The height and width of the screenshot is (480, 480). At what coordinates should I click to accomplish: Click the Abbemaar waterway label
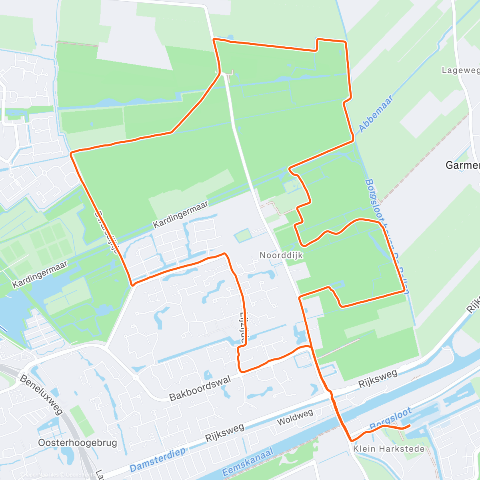pos(376,114)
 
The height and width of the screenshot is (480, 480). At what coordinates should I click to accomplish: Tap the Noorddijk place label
pos(281,255)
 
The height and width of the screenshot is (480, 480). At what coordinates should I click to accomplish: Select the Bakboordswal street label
pos(200,388)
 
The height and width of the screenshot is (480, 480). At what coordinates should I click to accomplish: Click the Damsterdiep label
pos(158,460)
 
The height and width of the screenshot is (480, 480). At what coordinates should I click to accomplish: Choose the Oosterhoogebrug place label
pos(78,443)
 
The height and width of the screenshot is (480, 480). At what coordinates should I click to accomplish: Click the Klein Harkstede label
pos(389,449)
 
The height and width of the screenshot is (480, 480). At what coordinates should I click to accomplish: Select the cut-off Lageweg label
pos(460,70)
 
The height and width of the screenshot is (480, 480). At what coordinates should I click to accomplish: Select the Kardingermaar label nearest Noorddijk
pos(180,215)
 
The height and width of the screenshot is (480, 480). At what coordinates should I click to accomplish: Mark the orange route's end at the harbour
pos(409,426)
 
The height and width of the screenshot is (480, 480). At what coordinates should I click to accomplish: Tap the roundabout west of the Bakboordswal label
pos(135,377)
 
